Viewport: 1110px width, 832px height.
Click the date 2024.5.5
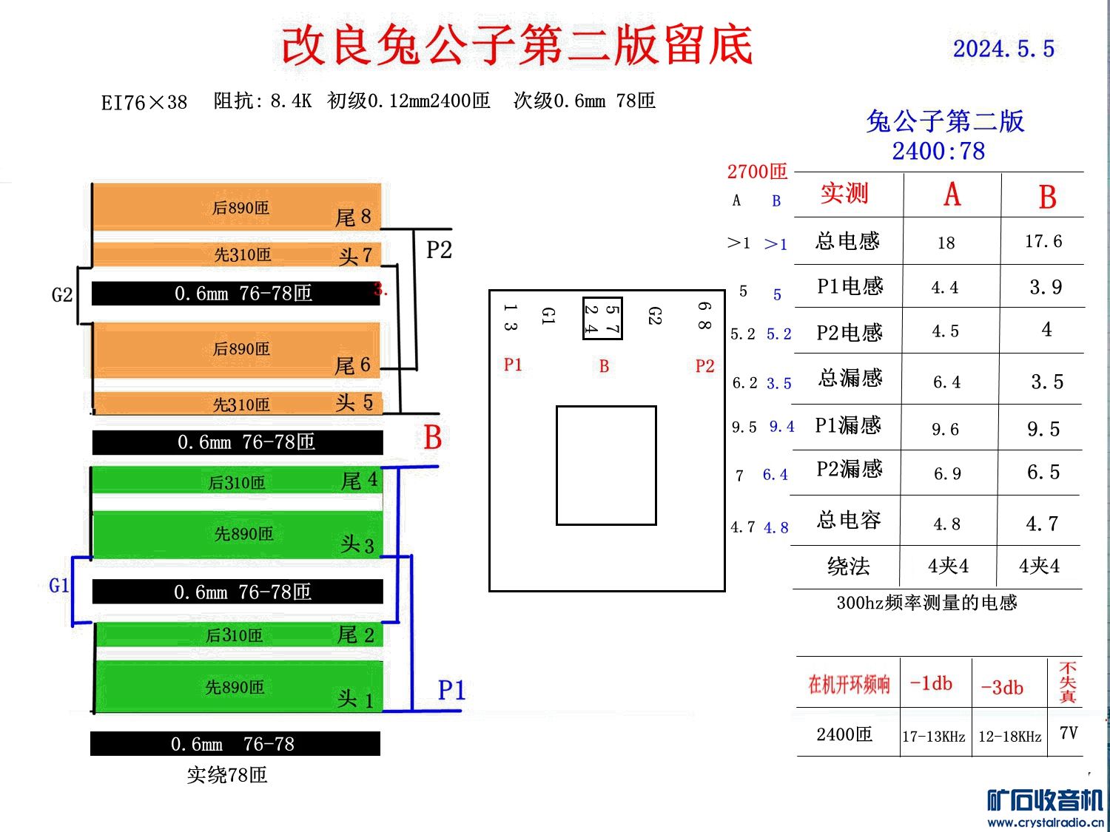point(1003,49)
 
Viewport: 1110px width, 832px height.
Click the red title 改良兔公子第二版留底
point(517,45)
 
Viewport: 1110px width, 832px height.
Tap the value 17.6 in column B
point(1043,241)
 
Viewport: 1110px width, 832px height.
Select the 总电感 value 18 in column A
point(946,243)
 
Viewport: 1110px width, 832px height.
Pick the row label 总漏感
point(850,378)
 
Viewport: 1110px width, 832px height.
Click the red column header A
point(952,195)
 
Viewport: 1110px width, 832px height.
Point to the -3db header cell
point(1002,687)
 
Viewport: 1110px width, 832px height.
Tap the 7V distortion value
point(1069,733)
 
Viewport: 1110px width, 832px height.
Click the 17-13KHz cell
point(933,737)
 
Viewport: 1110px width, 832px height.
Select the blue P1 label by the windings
point(451,690)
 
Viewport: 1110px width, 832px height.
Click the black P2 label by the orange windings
point(439,250)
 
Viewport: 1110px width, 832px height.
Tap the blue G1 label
point(59,586)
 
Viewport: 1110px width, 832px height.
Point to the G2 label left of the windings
point(62,295)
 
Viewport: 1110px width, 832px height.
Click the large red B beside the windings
point(433,437)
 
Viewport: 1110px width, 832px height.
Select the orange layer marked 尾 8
point(237,207)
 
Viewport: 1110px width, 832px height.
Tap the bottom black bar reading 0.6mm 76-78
point(235,744)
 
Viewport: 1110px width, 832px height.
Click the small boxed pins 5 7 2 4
point(602,319)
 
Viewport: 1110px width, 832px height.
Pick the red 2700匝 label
point(757,172)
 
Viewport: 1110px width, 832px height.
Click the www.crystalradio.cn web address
point(1045,822)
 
